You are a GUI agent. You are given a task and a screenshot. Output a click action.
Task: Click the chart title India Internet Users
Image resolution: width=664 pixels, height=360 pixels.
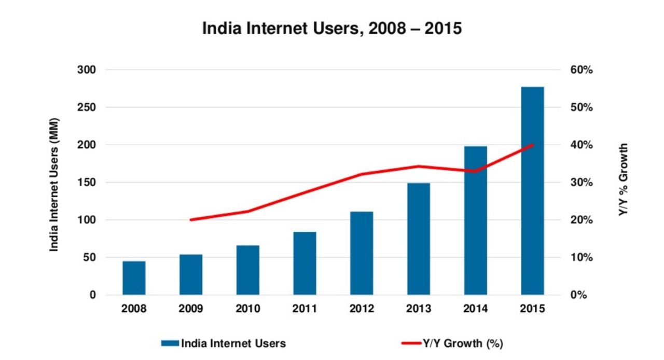click(332, 29)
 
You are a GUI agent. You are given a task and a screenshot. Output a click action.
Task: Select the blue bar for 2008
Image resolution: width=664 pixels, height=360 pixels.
click(134, 278)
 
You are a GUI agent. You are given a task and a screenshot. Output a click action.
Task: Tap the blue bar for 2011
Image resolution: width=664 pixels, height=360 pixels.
click(305, 264)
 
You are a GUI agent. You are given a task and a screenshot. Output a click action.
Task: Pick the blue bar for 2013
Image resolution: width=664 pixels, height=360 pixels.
click(419, 239)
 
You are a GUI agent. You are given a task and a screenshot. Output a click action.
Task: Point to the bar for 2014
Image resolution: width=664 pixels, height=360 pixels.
click(476, 220)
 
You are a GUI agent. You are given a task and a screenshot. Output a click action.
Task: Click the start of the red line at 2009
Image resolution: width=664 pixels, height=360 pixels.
click(191, 220)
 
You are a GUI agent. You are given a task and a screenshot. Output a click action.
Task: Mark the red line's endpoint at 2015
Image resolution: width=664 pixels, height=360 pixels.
click(532, 145)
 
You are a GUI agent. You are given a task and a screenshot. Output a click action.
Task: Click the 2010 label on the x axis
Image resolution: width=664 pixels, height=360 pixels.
click(247, 309)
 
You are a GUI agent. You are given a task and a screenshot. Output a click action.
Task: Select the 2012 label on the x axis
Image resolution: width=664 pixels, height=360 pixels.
click(362, 309)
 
